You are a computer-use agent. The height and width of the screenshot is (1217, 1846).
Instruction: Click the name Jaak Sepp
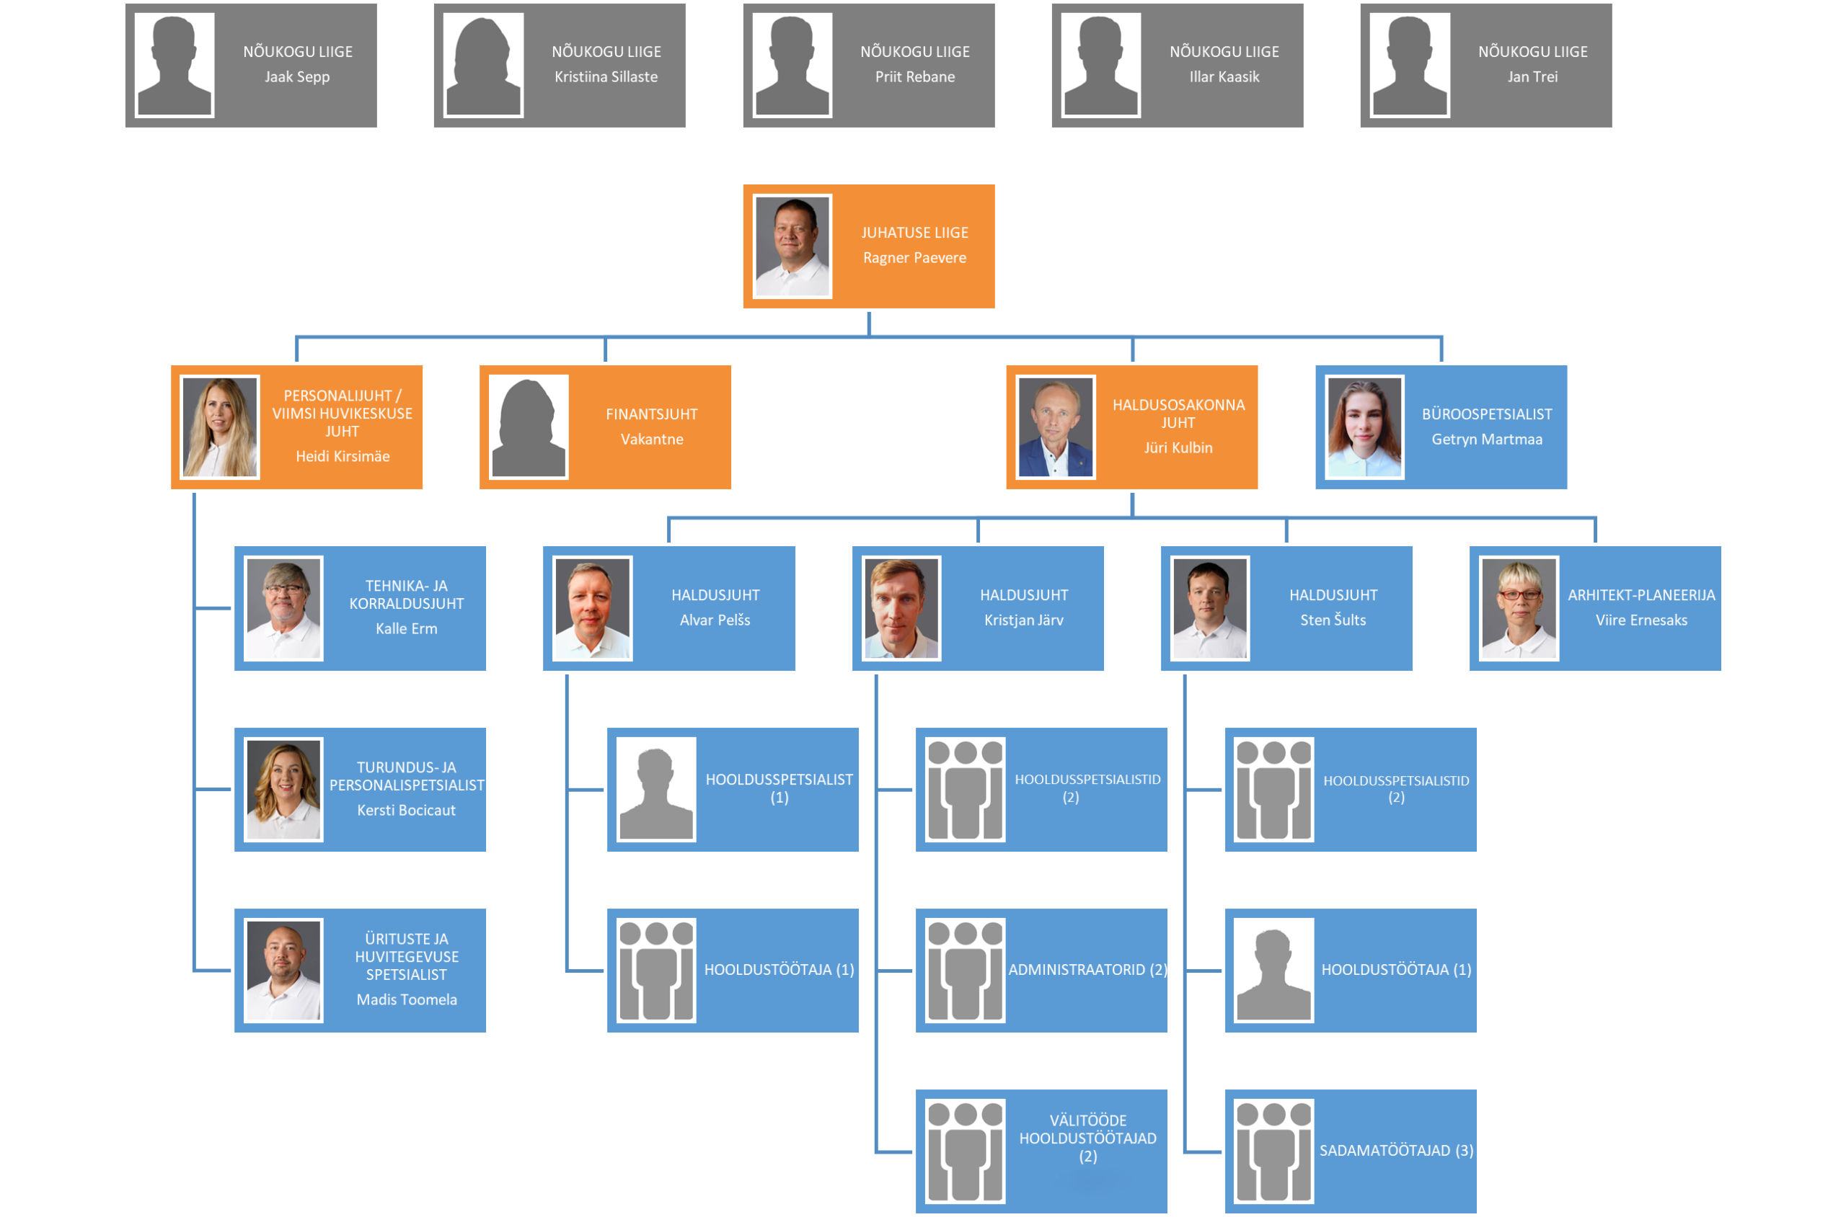[x=296, y=77]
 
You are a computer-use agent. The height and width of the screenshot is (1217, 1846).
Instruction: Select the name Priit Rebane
[x=915, y=77]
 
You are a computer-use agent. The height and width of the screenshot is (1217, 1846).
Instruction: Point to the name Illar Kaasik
[x=1224, y=77]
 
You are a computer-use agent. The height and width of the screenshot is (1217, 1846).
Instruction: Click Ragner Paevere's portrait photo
[x=792, y=246]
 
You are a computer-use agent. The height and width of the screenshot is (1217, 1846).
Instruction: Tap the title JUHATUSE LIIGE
[x=915, y=233]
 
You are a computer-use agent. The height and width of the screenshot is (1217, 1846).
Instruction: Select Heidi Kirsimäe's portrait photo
[x=220, y=427]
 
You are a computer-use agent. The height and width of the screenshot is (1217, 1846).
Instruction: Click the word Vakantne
[x=652, y=440]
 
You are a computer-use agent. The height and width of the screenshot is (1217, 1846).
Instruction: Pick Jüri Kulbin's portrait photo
[x=1056, y=427]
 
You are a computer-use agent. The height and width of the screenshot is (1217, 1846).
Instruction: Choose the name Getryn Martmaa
[x=1486, y=440]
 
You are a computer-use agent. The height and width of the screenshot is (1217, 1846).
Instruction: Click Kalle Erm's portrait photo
[x=283, y=608]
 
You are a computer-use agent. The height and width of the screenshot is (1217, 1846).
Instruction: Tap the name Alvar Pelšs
[x=715, y=620]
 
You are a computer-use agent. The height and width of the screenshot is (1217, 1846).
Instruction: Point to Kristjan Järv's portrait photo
[x=901, y=608]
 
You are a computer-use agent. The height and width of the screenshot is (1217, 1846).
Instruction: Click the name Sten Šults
[x=1333, y=620]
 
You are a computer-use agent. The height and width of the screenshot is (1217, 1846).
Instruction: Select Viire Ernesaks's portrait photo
[x=1519, y=608]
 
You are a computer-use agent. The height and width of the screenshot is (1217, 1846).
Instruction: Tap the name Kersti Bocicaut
[x=406, y=811]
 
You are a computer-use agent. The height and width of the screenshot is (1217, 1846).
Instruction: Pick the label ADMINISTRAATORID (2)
[x=1087, y=970]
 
